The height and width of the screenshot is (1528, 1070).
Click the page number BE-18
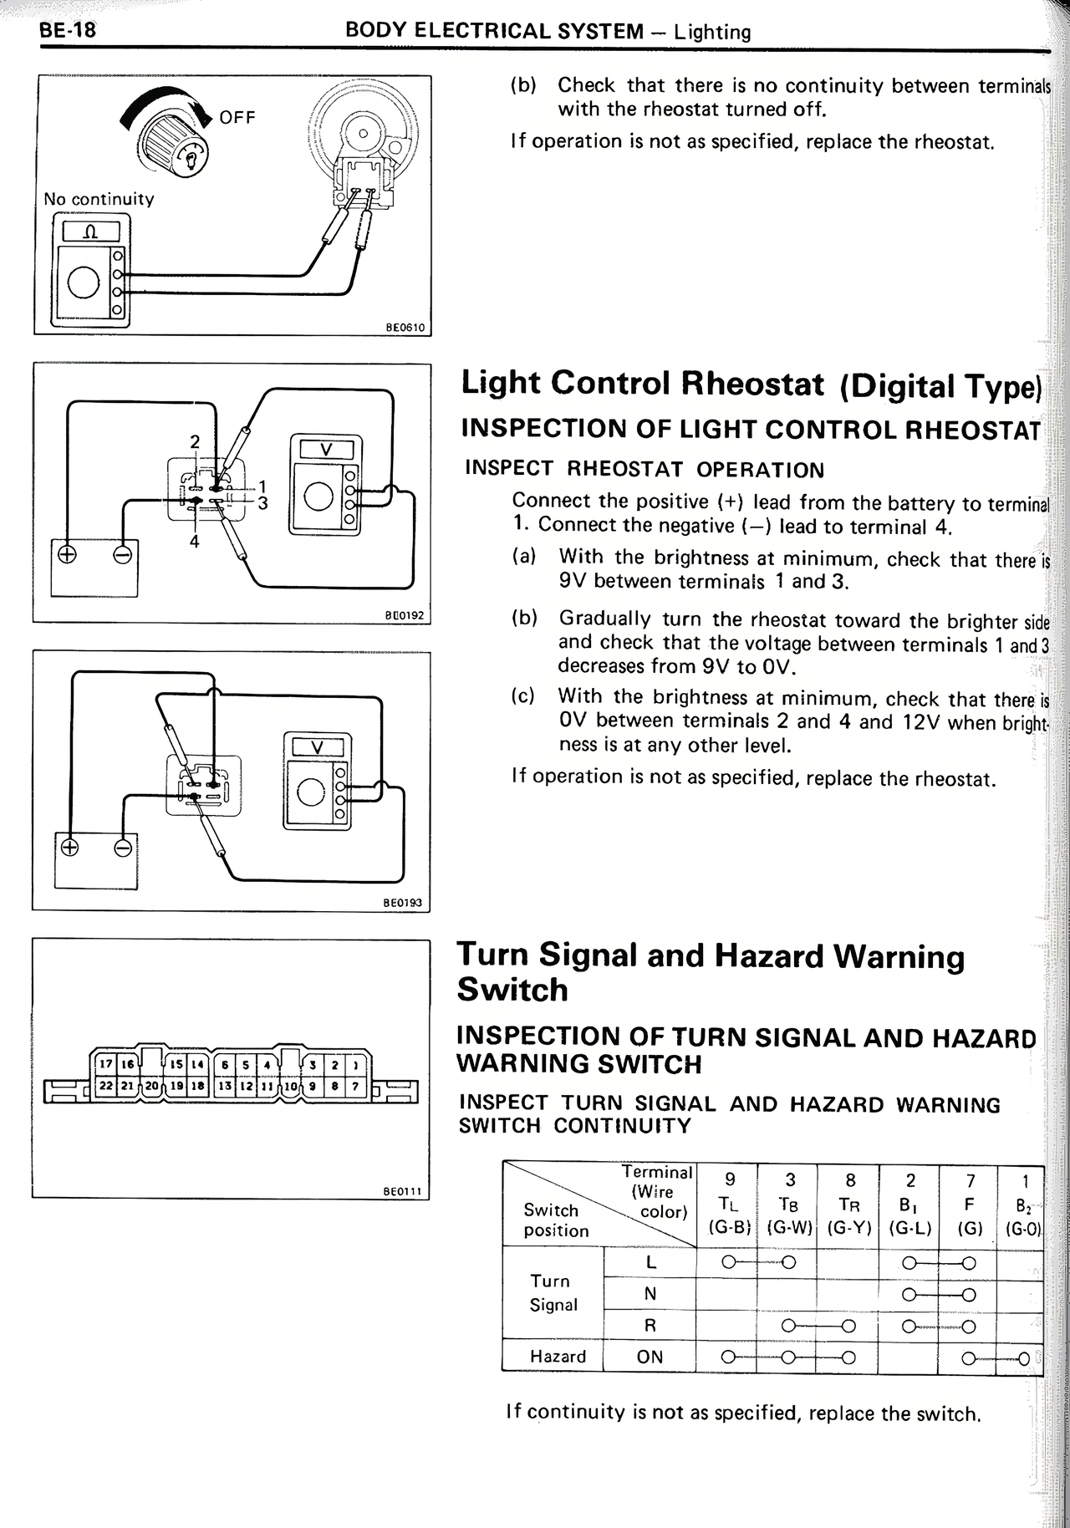pos(68,31)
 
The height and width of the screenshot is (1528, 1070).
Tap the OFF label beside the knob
pos(237,117)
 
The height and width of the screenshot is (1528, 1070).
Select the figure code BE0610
pos(406,328)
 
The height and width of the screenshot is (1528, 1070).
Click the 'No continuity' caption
pos(99,199)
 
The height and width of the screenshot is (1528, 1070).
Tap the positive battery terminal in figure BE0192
pos(67,554)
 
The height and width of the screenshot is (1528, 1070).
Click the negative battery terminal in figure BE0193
pos(123,848)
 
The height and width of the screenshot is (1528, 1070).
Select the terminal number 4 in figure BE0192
pos(194,542)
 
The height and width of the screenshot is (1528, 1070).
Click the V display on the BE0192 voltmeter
pos(326,450)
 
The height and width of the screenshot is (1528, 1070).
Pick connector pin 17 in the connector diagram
pos(105,1064)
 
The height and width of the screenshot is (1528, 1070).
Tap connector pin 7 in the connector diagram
pos(355,1086)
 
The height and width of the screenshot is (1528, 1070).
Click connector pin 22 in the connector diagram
pos(105,1086)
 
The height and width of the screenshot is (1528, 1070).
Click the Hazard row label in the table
pos(558,1356)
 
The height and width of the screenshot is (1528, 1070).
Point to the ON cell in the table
pos(650,1356)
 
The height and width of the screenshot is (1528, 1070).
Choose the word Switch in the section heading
pos(512,990)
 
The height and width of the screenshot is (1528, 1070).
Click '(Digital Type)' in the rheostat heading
pos(940,386)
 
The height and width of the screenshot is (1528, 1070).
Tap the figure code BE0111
pos(406,1193)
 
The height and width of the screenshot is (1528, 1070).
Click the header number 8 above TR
pos(850,1180)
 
